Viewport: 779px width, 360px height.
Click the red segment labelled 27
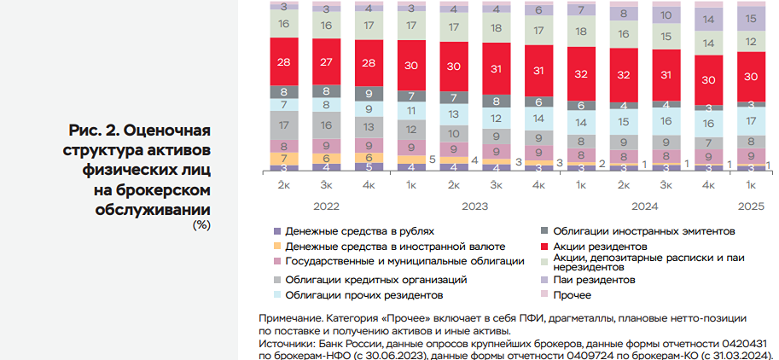tap(326, 61)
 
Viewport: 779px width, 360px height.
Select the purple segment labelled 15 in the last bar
tap(751, 18)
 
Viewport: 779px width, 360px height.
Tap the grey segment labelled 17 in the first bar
tap(283, 125)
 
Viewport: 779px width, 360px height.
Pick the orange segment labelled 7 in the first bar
tap(283, 158)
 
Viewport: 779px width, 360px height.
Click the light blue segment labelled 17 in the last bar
tap(751, 121)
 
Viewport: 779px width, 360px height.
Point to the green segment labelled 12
tap(751, 42)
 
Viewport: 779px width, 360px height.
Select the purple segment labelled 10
tap(666, 15)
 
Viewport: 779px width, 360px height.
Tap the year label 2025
tap(751, 206)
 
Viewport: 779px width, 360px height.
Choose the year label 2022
tap(326, 206)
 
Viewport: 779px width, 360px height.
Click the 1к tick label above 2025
tap(751, 185)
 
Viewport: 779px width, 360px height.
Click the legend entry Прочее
tap(572, 295)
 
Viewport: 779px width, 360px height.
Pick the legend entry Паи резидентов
tap(593, 279)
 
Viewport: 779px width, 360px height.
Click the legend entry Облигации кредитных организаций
tap(376, 279)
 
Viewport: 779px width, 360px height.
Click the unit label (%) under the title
tap(201, 225)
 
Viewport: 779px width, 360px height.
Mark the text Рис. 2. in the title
tap(95, 131)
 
